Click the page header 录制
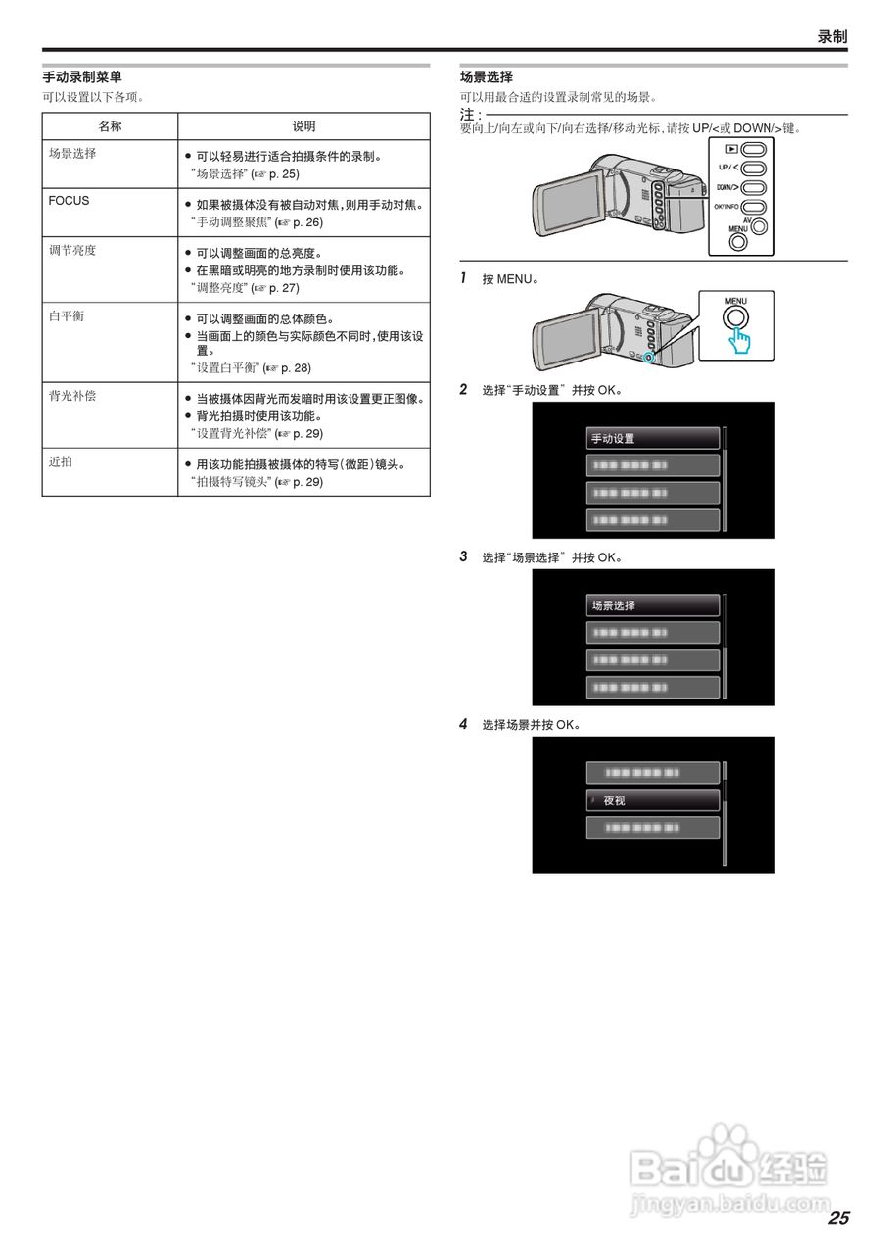pos(832,37)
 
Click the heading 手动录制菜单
pos(82,76)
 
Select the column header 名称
pos(110,126)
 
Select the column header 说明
pos(303,126)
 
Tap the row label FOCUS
pos(69,201)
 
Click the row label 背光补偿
pos(72,397)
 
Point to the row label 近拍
pos(61,462)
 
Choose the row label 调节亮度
pos(72,251)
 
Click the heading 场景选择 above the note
pos(487,76)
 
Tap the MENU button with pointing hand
pos(735,319)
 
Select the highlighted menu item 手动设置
pos(653,438)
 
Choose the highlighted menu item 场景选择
pos(653,605)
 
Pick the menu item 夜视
pos(653,800)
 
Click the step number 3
pos(463,556)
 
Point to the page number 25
pos(838,1218)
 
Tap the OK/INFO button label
pos(726,207)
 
